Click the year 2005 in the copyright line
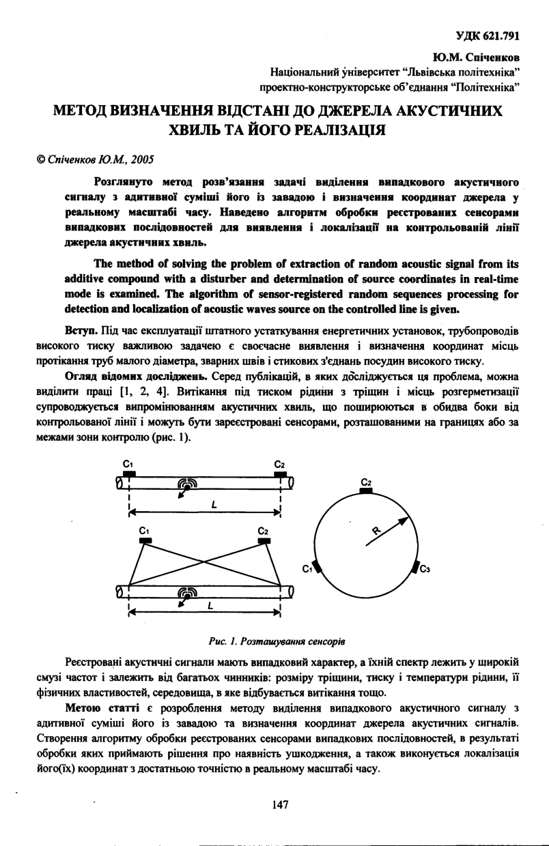click(141, 160)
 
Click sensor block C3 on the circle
click(416, 568)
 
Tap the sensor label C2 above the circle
click(365, 482)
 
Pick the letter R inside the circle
click(376, 530)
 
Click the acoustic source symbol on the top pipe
click(186, 482)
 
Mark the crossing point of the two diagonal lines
click(203, 563)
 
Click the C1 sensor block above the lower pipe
click(145, 540)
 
